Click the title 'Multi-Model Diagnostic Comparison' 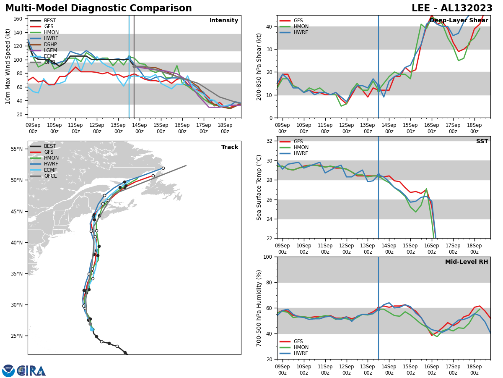[99, 8]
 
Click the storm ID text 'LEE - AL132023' [452, 8]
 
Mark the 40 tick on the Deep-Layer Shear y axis [270, 26]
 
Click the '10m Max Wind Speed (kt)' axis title [8, 66]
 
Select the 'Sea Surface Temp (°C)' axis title [259, 187]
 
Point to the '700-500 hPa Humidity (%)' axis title [259, 308]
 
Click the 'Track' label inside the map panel [230, 147]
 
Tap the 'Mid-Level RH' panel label [467, 262]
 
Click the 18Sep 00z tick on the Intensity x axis [225, 128]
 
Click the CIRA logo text [31, 370]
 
